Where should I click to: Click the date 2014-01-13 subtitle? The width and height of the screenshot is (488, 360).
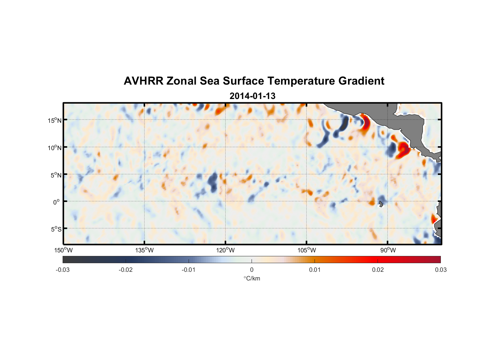tap(252, 96)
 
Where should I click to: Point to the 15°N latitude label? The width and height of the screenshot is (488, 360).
tap(55, 120)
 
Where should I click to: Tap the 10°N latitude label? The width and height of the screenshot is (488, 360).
tap(55, 148)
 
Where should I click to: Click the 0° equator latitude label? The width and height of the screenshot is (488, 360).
tap(57, 202)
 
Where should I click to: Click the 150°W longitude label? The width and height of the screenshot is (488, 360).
tap(64, 250)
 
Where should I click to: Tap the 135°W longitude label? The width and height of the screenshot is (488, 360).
tap(145, 250)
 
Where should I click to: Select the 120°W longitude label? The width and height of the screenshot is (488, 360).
tap(226, 250)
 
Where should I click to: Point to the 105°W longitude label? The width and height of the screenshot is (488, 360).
tap(307, 250)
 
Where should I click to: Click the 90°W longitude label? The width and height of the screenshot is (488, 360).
tap(388, 250)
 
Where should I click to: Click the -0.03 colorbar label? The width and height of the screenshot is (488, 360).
tap(63, 270)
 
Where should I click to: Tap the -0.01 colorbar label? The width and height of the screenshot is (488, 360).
tap(189, 270)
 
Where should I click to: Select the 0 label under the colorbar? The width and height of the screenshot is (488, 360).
tap(252, 270)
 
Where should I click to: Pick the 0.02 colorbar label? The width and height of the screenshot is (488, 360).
tap(378, 270)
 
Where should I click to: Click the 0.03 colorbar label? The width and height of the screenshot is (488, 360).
tap(440, 270)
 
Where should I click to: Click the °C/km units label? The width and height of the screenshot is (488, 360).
tap(252, 278)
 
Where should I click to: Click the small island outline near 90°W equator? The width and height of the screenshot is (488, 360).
tap(381, 204)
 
